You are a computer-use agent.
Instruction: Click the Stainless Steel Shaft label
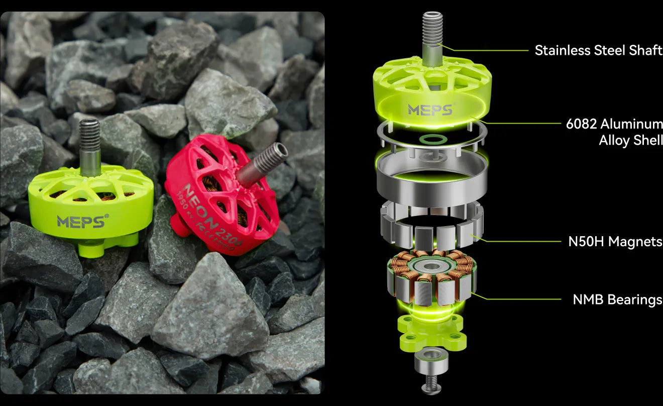598,50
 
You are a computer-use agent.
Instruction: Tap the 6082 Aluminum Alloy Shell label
614,132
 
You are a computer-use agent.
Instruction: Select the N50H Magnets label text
615,242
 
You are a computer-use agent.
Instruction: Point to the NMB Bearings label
617,300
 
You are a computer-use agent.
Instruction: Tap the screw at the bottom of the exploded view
431,384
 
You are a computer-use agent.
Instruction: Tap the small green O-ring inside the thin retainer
430,138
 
